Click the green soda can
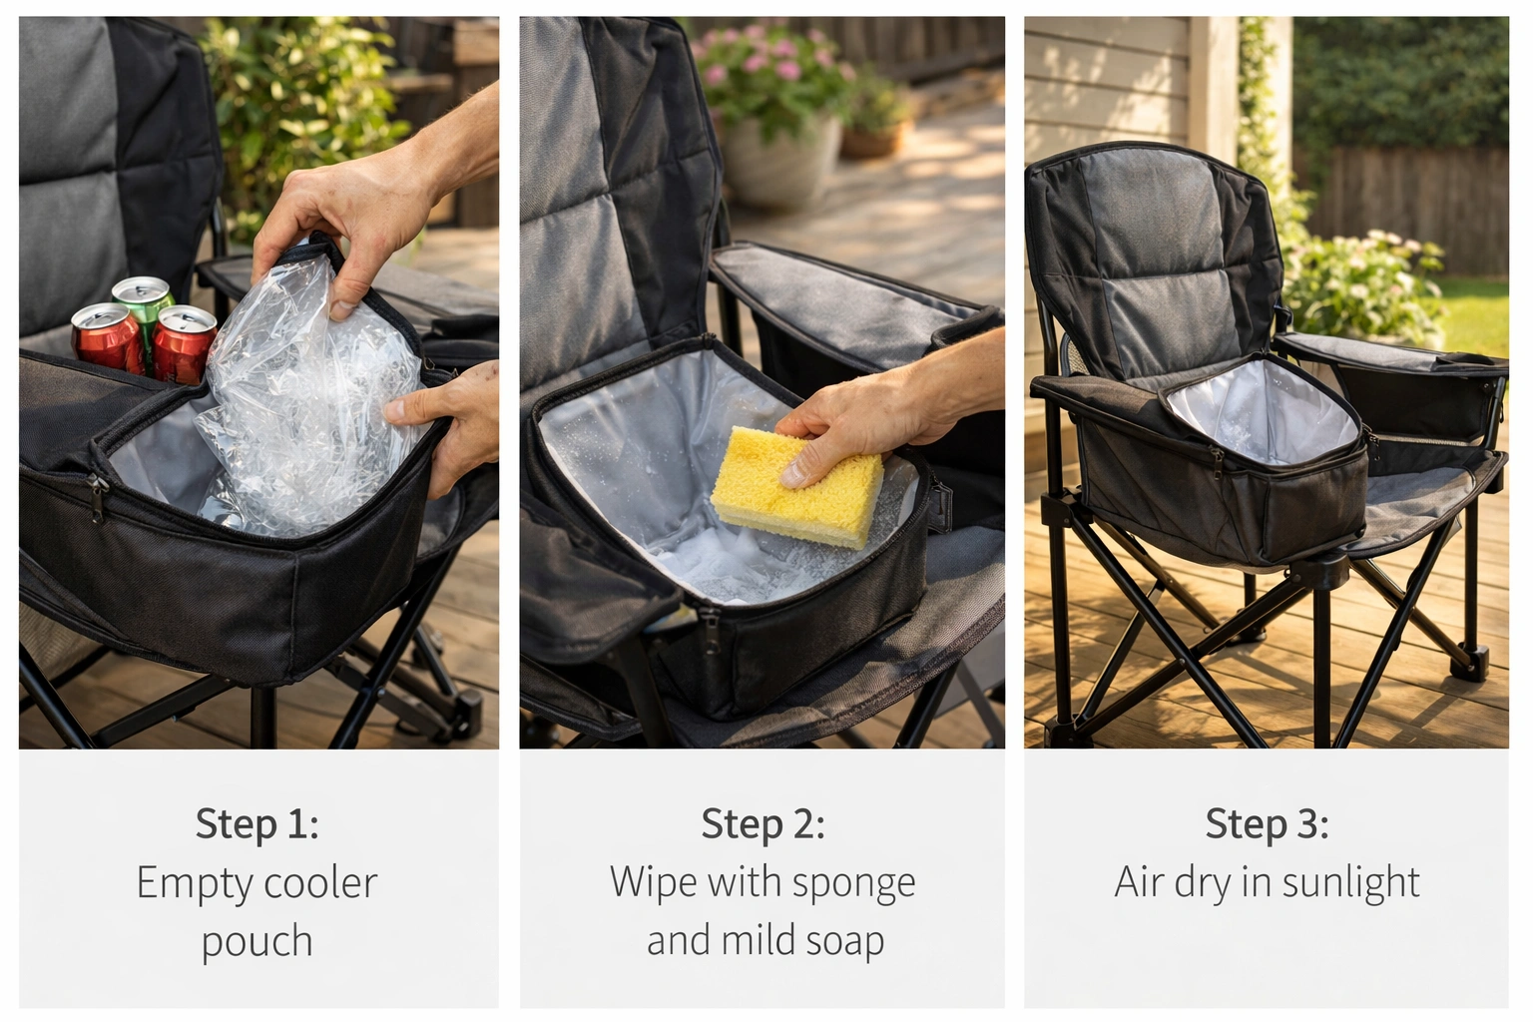click(142, 299)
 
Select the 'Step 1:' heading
click(256, 824)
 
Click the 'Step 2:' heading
click(763, 824)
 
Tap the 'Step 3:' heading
click(1267, 824)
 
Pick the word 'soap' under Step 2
click(846, 941)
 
